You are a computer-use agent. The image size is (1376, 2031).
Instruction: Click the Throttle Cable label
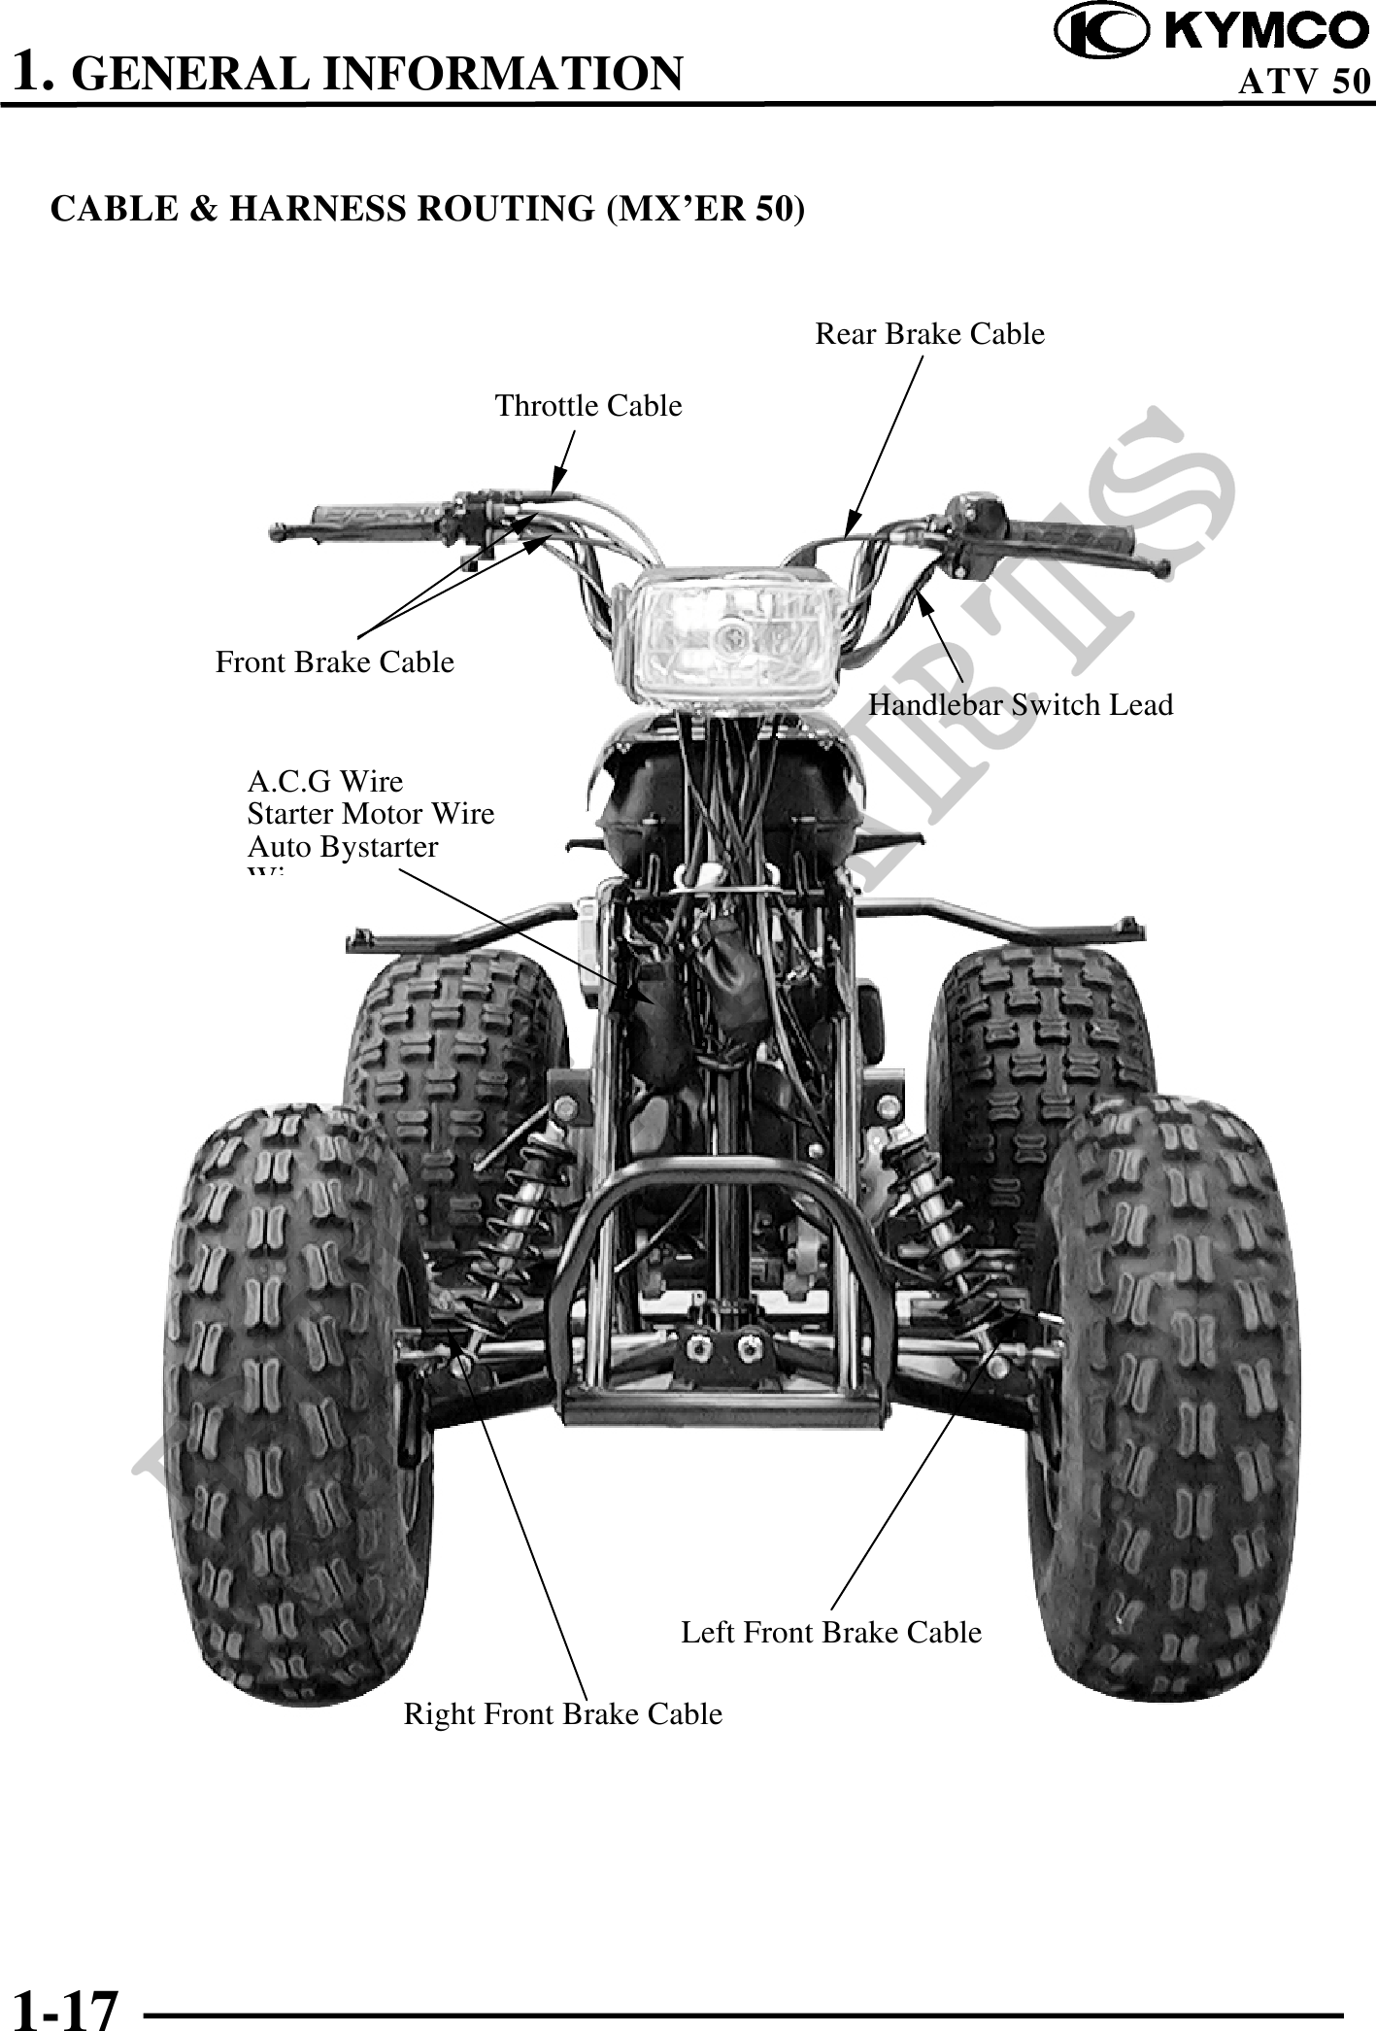(588, 406)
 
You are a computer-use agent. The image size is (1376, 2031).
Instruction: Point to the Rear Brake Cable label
(929, 334)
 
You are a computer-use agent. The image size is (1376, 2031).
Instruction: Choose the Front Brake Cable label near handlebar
(334, 662)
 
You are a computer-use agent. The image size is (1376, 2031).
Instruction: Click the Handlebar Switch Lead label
(1021, 704)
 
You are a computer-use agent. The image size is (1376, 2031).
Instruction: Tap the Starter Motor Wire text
(371, 814)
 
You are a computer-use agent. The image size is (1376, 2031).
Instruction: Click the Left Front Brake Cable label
(830, 1633)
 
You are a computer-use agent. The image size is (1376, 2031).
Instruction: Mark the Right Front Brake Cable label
(562, 1714)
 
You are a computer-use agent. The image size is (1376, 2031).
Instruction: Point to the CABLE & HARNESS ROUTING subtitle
(427, 209)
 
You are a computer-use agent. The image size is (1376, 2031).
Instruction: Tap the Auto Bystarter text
(343, 847)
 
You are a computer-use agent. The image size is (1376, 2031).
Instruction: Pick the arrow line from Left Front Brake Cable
(913, 1476)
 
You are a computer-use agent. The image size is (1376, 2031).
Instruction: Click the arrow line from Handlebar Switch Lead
(943, 640)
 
